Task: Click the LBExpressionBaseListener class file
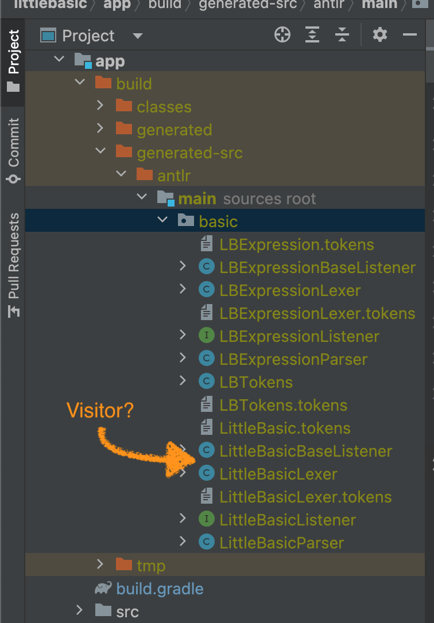317,267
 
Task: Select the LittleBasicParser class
281,543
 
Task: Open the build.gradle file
160,589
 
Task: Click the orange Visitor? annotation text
100,410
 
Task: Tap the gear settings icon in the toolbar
379,35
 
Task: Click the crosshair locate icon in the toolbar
282,35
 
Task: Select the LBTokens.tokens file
284,405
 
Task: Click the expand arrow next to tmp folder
100,564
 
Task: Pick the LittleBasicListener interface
288,520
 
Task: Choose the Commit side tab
14,150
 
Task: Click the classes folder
164,107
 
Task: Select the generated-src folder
189,153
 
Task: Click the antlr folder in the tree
174,176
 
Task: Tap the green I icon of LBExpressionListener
206,336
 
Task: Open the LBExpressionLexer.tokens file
317,313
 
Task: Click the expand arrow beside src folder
79,610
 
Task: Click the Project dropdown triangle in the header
138,36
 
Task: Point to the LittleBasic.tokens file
285,429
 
